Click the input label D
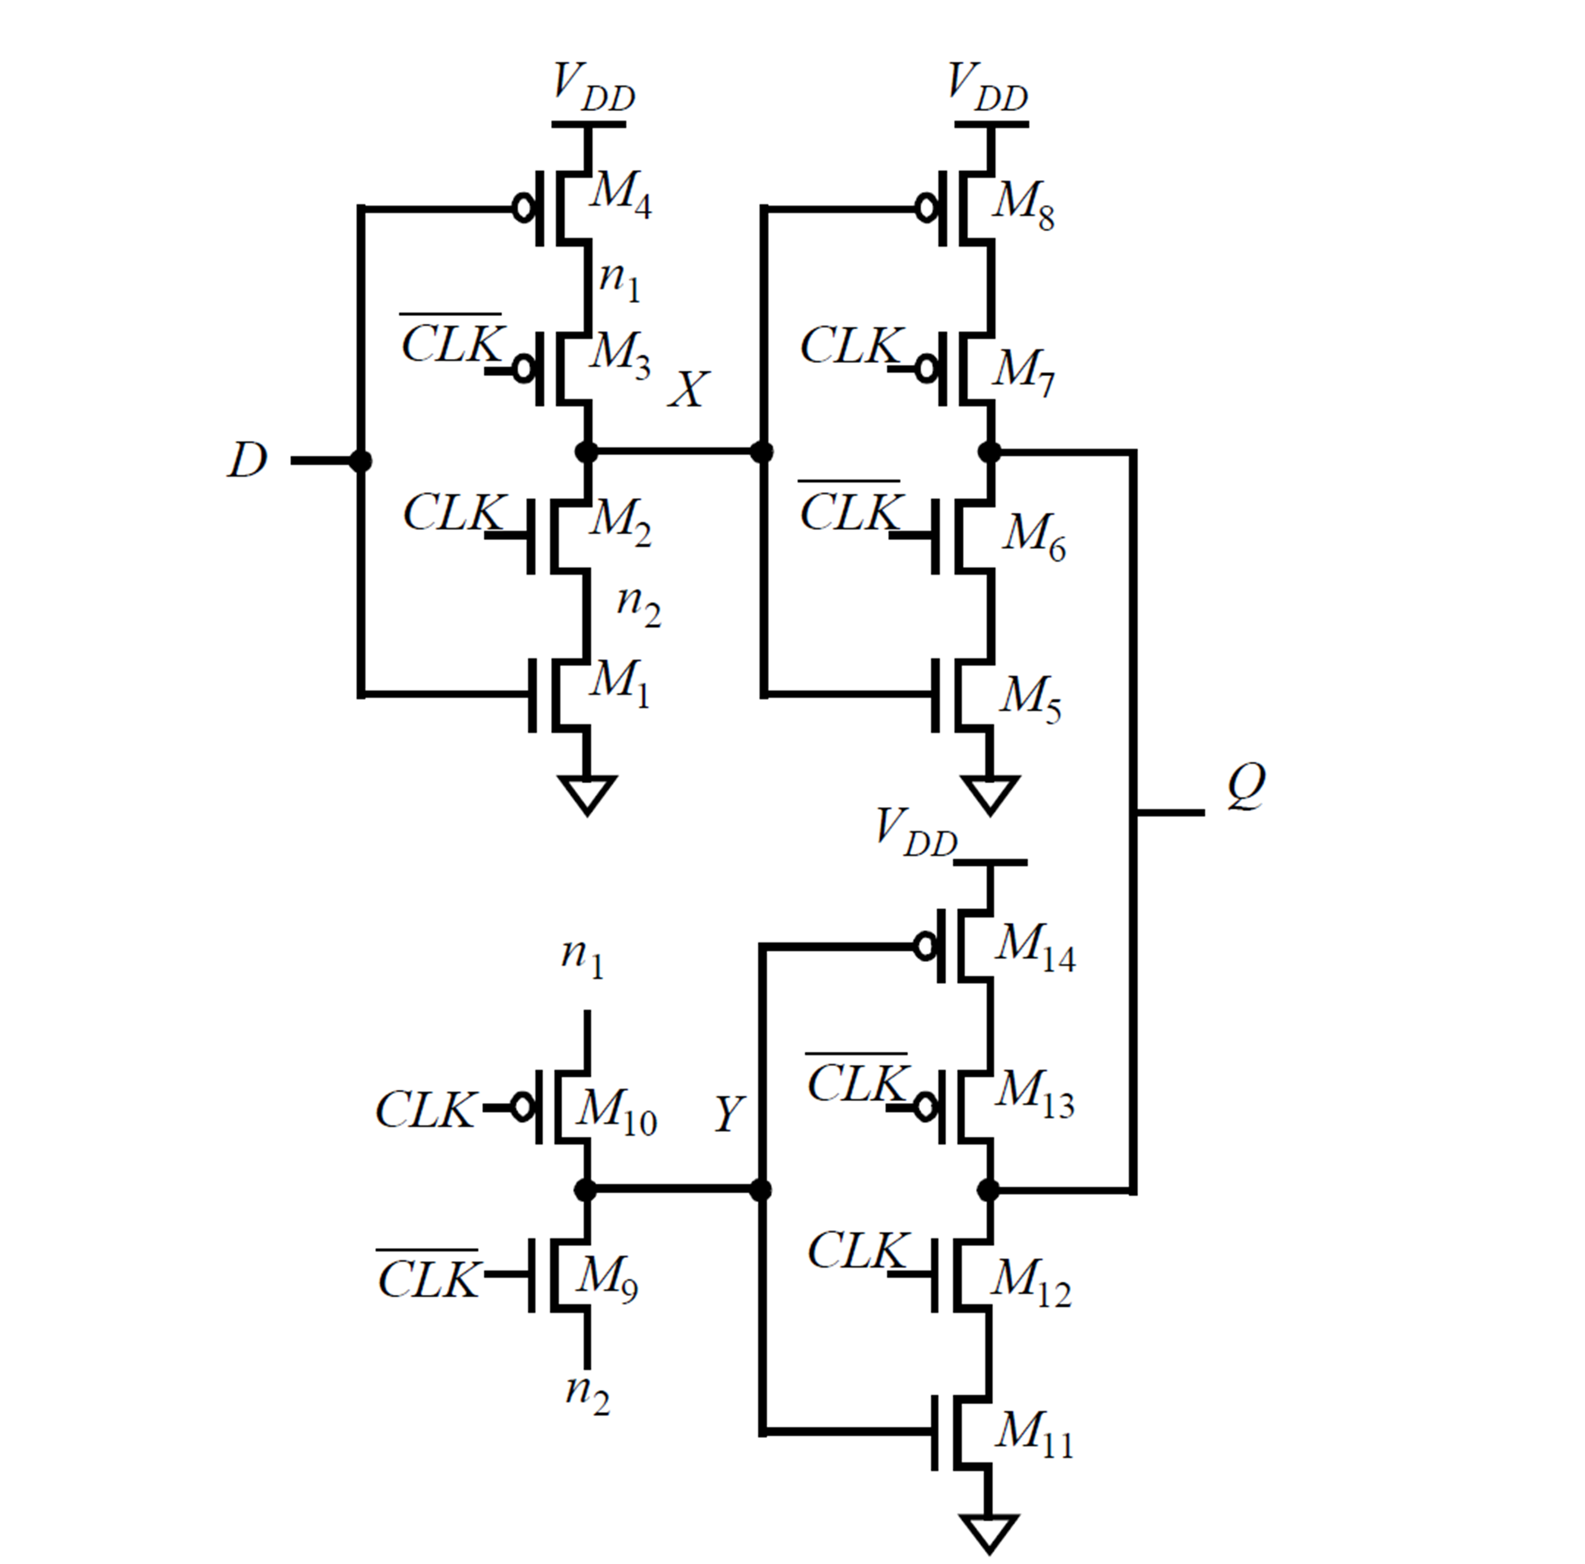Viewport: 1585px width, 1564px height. [248, 460]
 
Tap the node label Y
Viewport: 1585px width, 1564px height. [729, 1114]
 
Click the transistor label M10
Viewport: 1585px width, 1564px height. [615, 1114]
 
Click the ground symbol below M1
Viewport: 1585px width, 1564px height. [587, 794]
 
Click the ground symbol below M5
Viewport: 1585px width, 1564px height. [989, 794]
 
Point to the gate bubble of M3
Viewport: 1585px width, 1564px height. [523, 370]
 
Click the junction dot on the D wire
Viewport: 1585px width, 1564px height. [360, 461]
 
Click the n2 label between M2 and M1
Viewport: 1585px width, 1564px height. [638, 606]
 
